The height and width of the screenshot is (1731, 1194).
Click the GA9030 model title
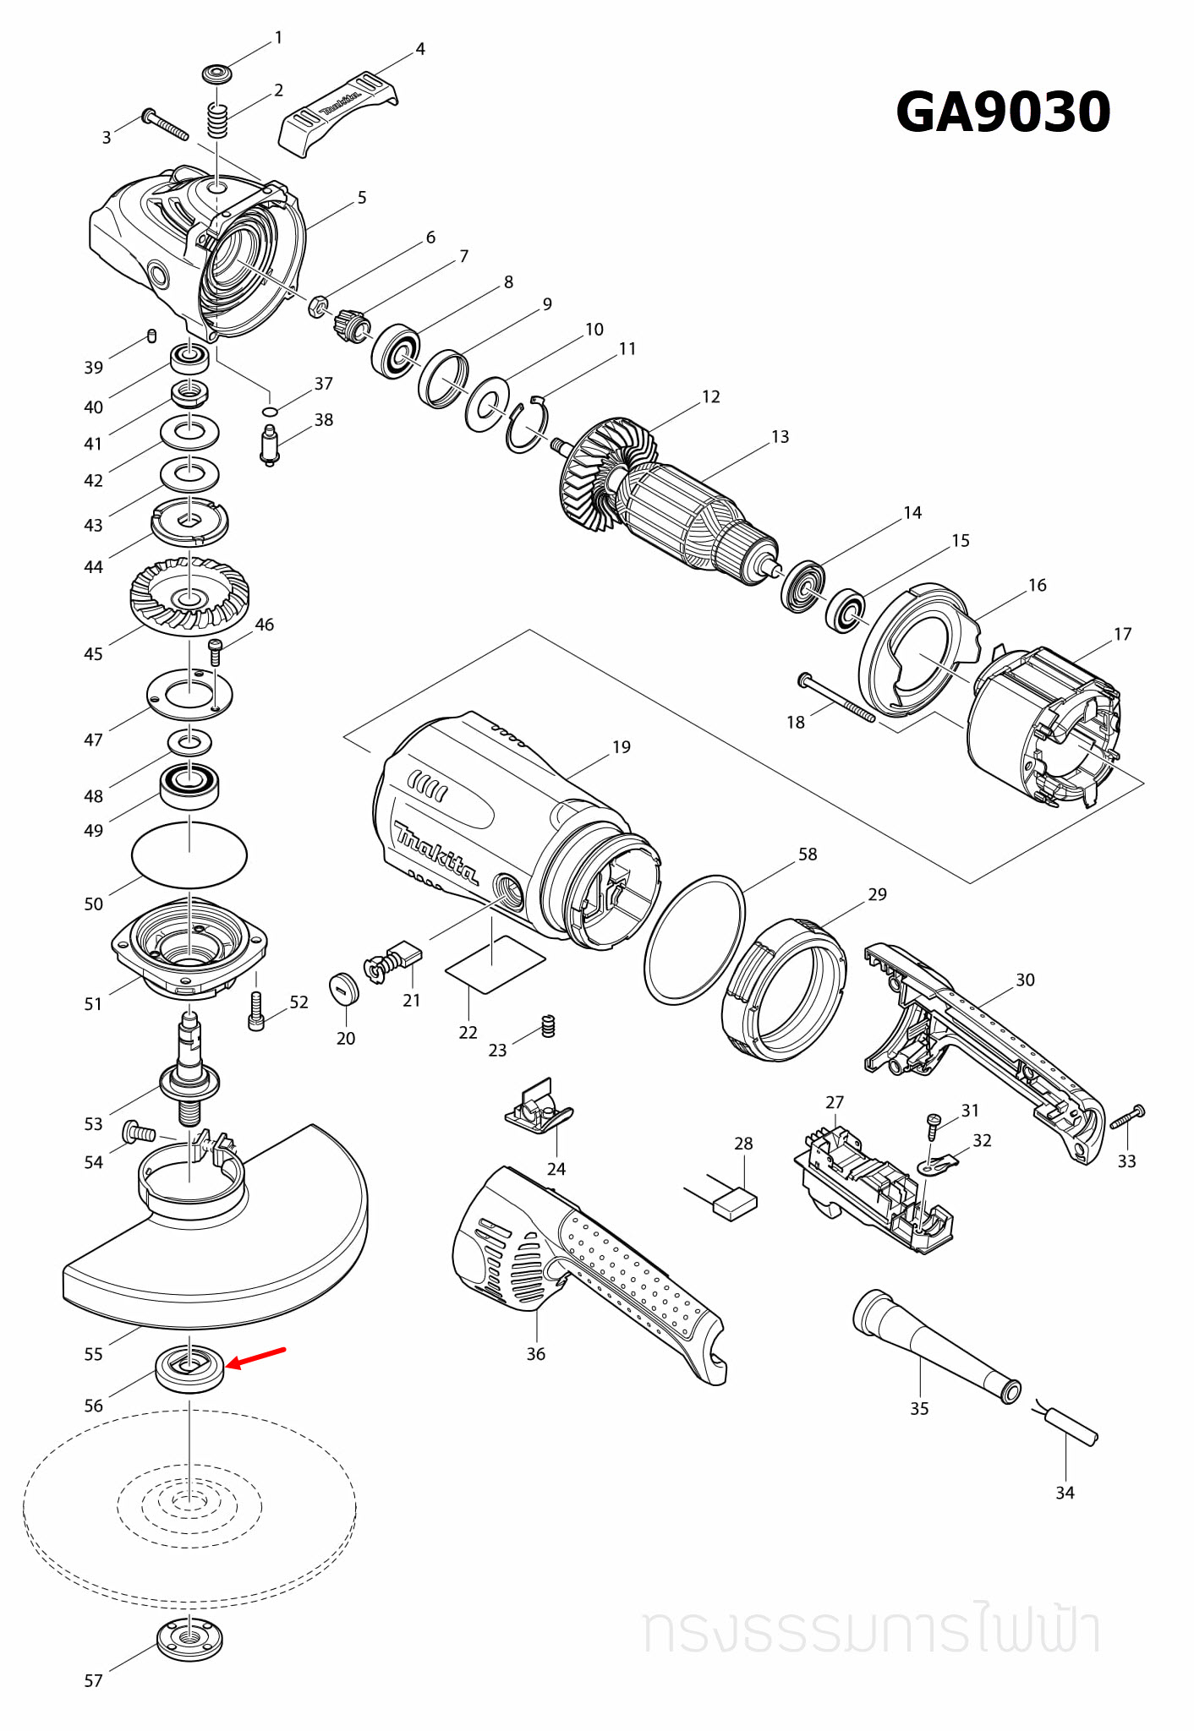[x=1002, y=112]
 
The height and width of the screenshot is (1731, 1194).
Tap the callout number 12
[x=711, y=396]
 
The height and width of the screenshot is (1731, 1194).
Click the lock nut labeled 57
[x=190, y=1639]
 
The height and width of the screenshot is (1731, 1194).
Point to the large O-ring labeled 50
[x=189, y=855]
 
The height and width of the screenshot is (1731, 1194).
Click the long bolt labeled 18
[x=837, y=697]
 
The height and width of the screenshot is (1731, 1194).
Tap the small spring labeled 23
[x=548, y=1025]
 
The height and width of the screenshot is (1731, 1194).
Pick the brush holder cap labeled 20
[x=344, y=988]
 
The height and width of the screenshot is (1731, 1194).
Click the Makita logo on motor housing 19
[x=435, y=852]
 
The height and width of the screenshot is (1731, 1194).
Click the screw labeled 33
[x=1129, y=1118]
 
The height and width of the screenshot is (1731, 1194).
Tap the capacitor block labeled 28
[x=735, y=1203]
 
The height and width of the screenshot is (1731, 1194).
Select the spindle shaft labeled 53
[x=189, y=1069]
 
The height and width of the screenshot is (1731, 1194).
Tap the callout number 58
[x=808, y=854]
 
